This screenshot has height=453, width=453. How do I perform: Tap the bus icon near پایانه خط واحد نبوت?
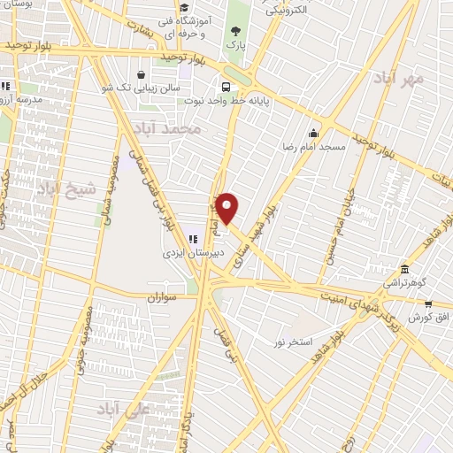(x=226, y=87)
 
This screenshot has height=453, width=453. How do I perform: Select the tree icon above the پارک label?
(x=234, y=30)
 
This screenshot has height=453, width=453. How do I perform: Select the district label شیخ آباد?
(x=58, y=188)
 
